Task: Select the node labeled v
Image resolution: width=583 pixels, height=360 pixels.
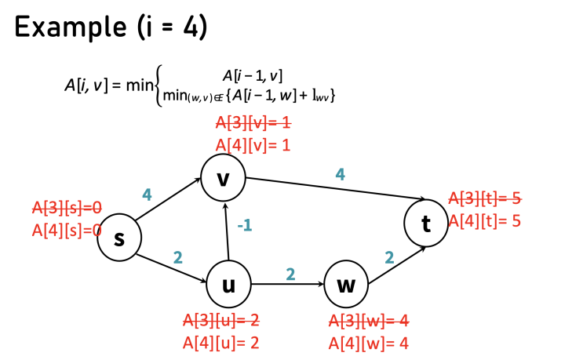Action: pos(224,177)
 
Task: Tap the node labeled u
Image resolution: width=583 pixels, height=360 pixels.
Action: pos(228,285)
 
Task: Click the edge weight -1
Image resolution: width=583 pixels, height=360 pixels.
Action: pos(245,226)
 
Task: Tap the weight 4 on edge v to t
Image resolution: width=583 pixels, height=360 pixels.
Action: pos(340,174)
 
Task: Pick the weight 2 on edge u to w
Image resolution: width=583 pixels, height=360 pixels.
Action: pos(290,274)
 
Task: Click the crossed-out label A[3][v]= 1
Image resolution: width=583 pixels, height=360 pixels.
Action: pos(253,124)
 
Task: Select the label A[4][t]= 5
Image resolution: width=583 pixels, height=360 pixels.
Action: pos(484,220)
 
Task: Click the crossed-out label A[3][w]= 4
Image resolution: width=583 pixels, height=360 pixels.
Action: pos(368,321)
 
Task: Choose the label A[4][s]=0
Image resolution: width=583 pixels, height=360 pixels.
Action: pos(67,231)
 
